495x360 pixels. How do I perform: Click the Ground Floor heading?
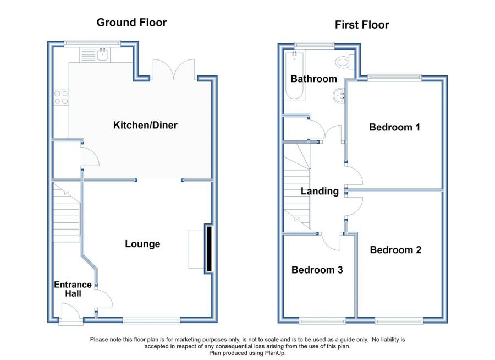coord(131,23)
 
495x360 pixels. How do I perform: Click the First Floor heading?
coord(362,25)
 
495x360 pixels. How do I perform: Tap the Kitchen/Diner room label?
coord(145,125)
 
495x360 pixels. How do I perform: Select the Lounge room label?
coord(142,244)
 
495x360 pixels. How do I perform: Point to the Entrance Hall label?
coord(73,289)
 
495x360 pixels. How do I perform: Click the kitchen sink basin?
coord(103,54)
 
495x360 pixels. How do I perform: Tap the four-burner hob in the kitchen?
coord(61,97)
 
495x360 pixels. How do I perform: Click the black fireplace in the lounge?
coord(208,248)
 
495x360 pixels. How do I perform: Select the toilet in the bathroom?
coord(345,62)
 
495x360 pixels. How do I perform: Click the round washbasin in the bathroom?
coord(339,95)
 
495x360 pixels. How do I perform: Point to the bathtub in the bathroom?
coord(295,76)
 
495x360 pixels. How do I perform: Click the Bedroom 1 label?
coord(394,127)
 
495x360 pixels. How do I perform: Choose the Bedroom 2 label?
coord(395,250)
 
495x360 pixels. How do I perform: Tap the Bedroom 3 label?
coord(317,270)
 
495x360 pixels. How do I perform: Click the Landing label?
coord(320,191)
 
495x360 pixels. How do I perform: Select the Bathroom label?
coord(314,79)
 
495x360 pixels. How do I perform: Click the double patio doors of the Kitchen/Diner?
coord(174,70)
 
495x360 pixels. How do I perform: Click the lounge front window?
coord(152,320)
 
